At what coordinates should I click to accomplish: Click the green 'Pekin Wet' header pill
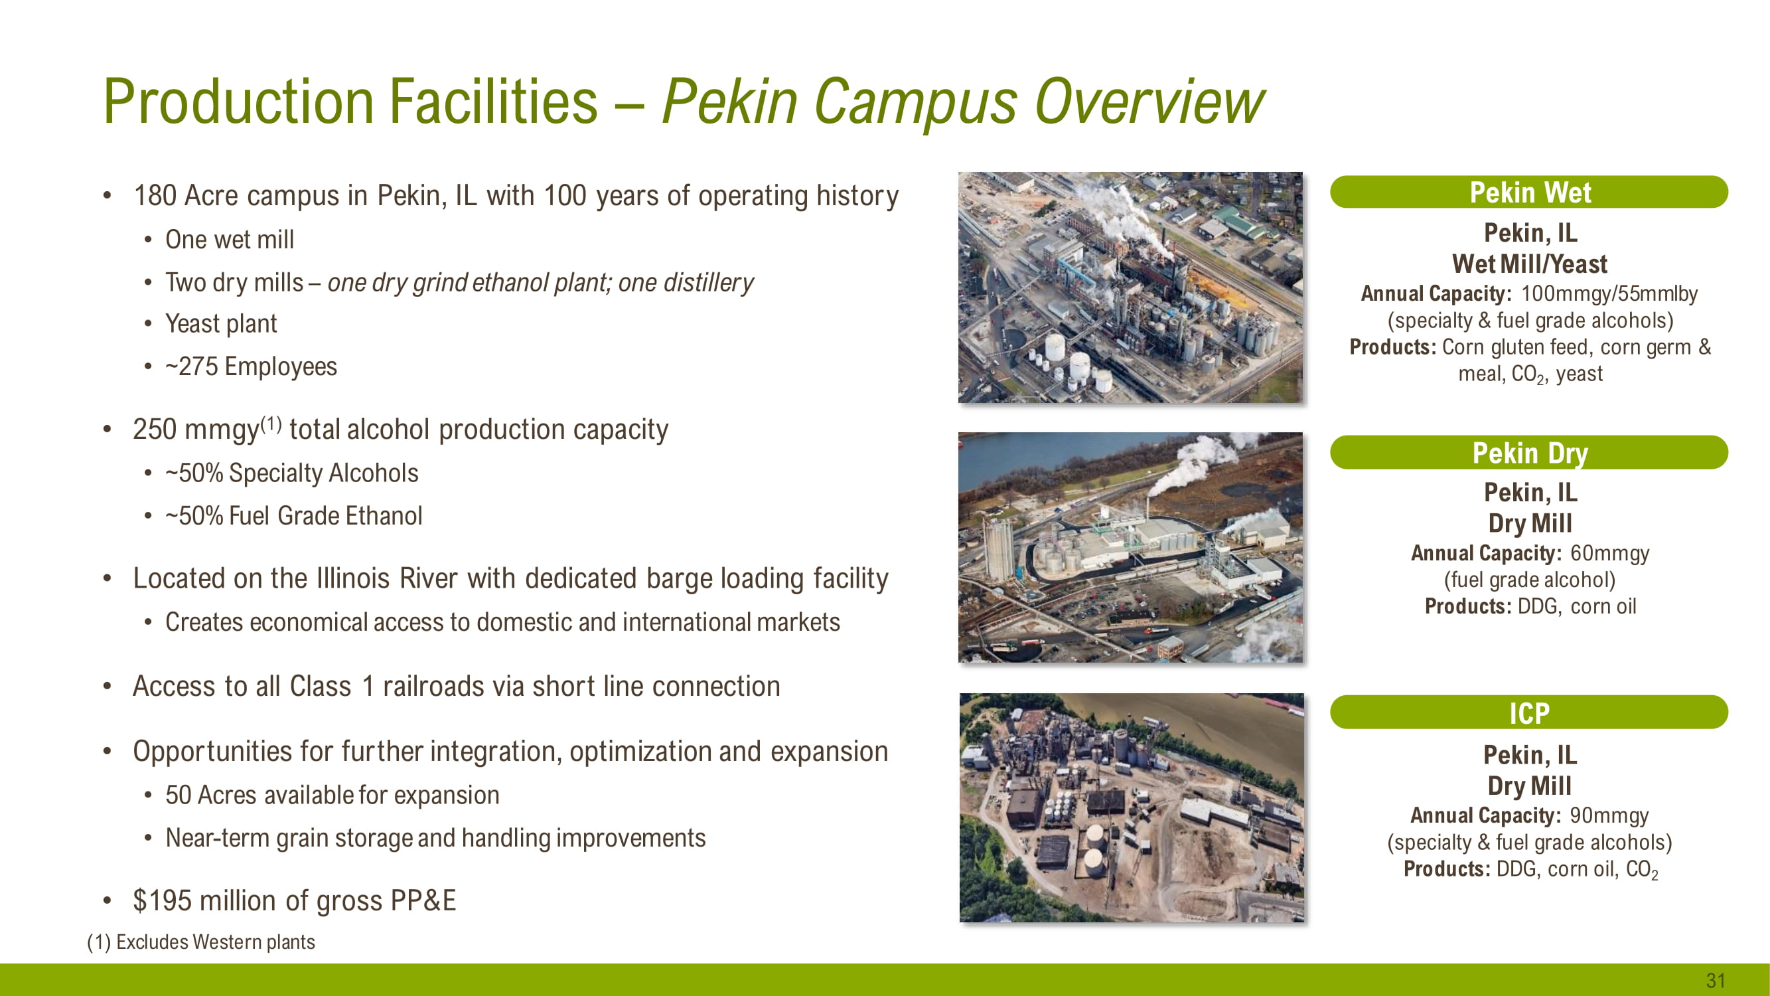1529,192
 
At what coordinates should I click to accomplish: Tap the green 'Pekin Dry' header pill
1529,452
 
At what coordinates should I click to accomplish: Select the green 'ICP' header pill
1529,712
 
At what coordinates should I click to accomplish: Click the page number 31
1716,980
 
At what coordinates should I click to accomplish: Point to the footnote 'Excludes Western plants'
215,942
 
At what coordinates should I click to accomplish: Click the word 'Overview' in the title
1149,101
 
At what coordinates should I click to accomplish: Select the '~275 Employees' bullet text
251,367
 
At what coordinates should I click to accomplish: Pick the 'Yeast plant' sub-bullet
220,323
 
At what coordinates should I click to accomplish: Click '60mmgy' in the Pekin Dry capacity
1609,552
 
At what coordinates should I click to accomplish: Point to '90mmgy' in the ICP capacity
1609,815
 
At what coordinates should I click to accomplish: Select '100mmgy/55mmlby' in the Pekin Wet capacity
1609,293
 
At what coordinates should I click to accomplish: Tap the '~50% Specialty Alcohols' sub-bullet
291,473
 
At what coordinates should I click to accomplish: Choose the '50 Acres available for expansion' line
332,795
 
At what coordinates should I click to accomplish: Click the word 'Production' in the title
238,101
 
